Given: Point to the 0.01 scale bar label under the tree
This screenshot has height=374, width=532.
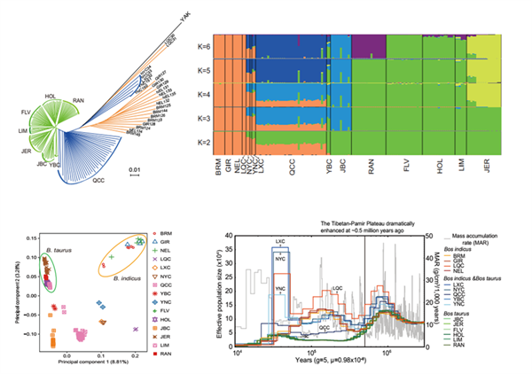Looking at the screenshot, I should tap(135, 158).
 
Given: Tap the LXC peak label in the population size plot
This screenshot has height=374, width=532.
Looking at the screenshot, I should tap(280, 241).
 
